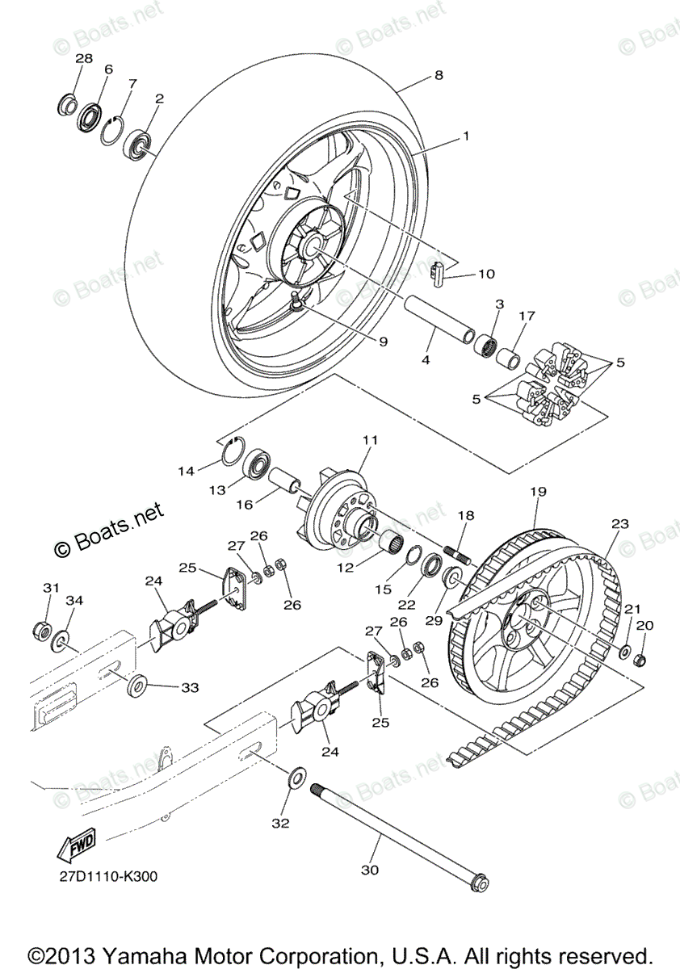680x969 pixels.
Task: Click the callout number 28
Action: click(x=84, y=58)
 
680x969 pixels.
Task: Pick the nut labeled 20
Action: click(x=640, y=658)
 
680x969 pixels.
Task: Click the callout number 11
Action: click(x=371, y=440)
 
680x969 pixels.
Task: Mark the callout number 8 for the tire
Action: click(x=439, y=75)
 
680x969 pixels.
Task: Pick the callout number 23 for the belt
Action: click(x=619, y=523)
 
